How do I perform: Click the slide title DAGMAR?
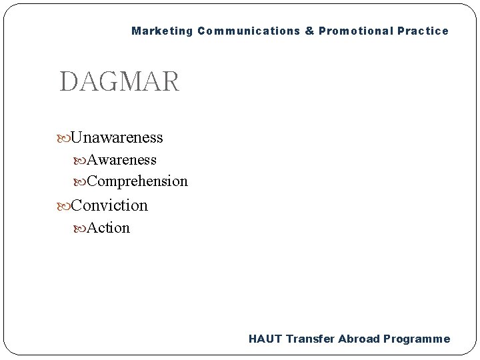click(x=119, y=82)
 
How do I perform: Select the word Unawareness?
click(x=117, y=137)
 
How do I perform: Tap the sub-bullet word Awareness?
click(x=122, y=160)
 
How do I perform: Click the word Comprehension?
click(x=137, y=181)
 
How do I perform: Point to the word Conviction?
click(x=109, y=205)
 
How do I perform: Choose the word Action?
click(x=109, y=228)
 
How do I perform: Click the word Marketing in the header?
click(x=161, y=31)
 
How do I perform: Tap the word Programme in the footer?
click(x=417, y=339)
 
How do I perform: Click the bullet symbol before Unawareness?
click(x=64, y=138)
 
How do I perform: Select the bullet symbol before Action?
click(x=81, y=229)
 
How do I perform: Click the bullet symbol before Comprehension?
click(x=81, y=181)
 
